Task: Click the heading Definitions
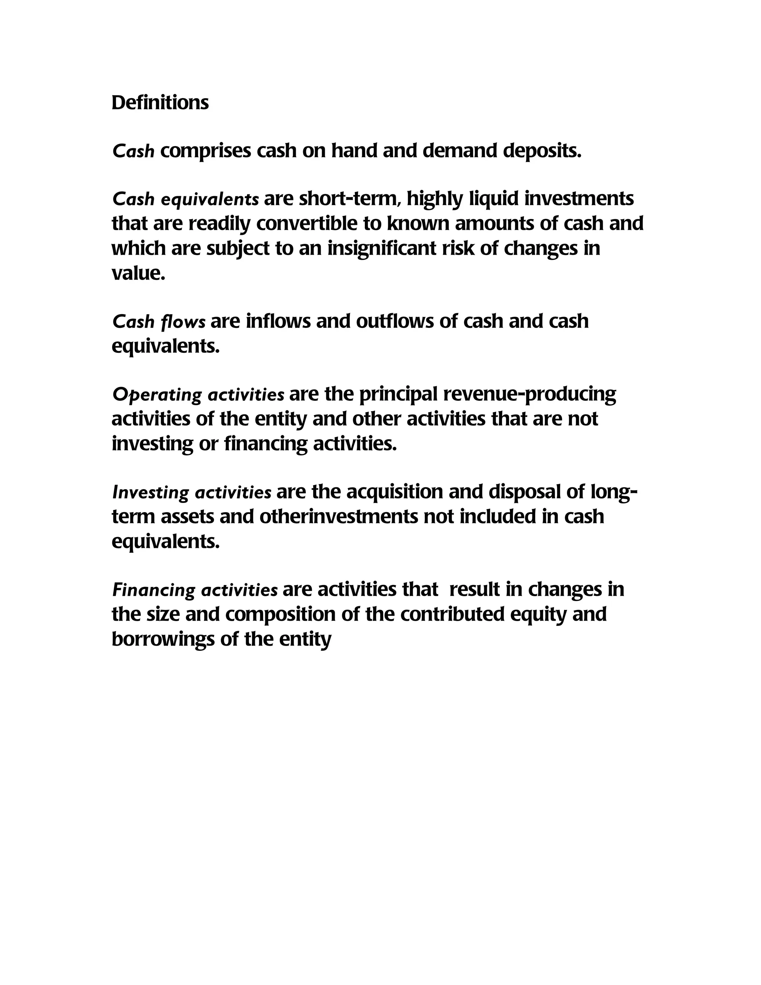(x=160, y=103)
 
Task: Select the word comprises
(x=205, y=151)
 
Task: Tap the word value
(x=138, y=273)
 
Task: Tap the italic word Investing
(x=150, y=493)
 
